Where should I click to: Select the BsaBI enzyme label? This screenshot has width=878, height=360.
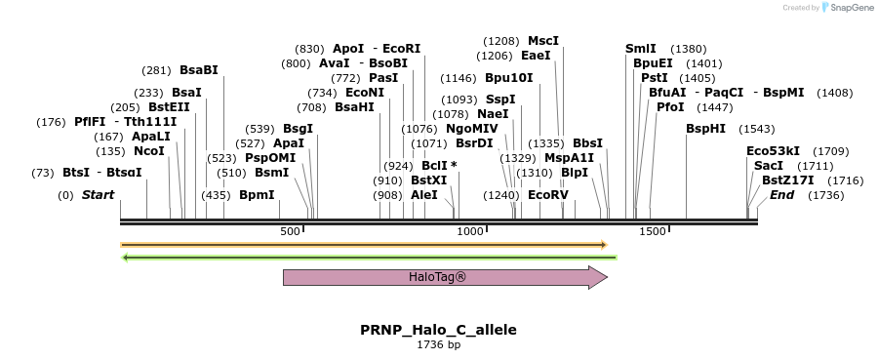(199, 70)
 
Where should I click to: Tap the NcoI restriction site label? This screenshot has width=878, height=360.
(149, 151)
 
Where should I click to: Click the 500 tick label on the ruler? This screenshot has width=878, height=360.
(290, 231)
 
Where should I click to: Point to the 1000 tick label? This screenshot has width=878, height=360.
(470, 231)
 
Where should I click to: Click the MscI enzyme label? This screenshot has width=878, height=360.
(543, 41)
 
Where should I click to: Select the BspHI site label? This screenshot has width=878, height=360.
(706, 129)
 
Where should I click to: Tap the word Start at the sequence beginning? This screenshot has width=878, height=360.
(98, 195)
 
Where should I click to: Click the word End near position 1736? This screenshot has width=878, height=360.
(781, 195)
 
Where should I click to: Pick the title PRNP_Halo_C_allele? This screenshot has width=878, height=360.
(438, 330)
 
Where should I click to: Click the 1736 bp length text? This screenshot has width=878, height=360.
(438, 344)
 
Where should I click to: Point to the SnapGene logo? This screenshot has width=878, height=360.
(845, 8)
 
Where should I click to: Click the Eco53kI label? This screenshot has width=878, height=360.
(773, 151)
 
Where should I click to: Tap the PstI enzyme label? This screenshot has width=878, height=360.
(655, 78)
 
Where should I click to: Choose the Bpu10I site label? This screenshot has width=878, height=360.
(509, 78)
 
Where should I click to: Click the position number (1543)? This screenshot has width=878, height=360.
(757, 129)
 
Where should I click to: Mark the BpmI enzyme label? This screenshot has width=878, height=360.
(257, 195)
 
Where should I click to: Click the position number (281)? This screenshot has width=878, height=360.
(156, 70)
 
